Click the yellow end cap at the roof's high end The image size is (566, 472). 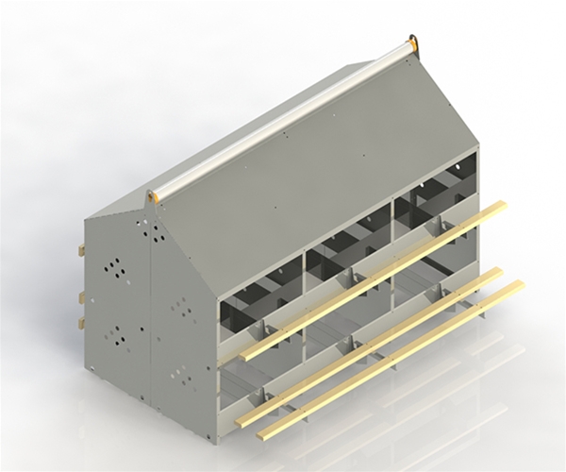(x=411, y=43)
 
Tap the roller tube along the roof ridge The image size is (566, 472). (x=283, y=118)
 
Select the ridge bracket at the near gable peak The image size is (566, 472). (x=151, y=197)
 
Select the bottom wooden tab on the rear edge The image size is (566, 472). (x=82, y=324)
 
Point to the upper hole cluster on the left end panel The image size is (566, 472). (x=114, y=268)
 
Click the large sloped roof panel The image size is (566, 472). (x=311, y=179)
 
